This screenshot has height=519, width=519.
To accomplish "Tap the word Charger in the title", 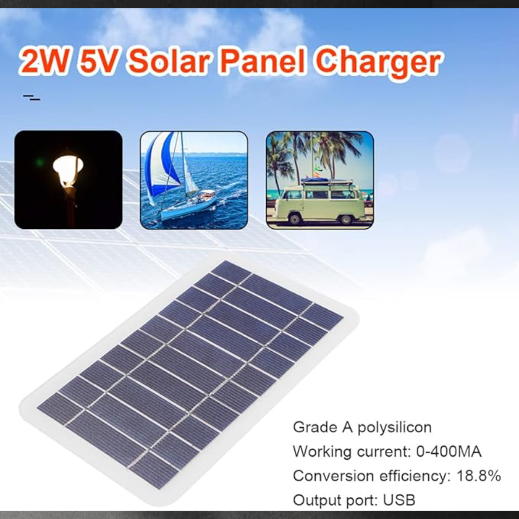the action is (x=378, y=63).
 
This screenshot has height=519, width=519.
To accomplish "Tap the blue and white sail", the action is (x=162, y=166).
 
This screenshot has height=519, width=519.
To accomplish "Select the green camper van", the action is (x=319, y=202).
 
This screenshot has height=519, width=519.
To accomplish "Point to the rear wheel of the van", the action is (x=346, y=220).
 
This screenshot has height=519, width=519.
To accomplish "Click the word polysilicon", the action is (x=394, y=428).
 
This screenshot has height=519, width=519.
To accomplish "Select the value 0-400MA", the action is (x=448, y=452).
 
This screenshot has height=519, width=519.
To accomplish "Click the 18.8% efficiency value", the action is (x=479, y=476).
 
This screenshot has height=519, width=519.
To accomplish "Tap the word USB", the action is (x=399, y=500).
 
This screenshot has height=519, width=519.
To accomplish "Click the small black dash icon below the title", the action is (x=32, y=98).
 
